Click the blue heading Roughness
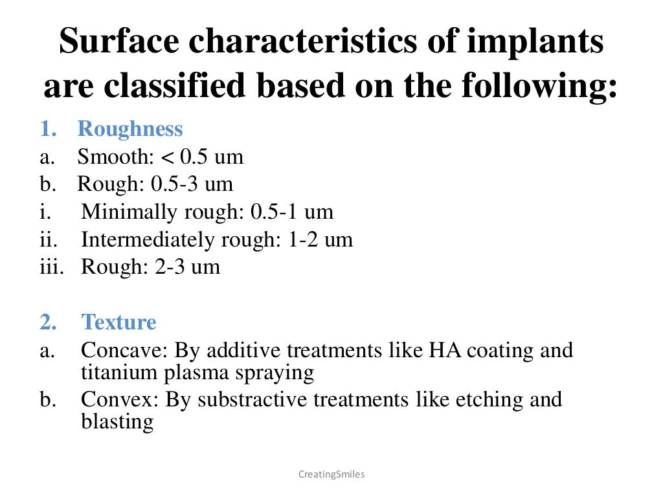130,129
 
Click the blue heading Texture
118,322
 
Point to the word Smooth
107,157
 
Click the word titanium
112,373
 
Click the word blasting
117,423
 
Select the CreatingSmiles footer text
331,474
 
